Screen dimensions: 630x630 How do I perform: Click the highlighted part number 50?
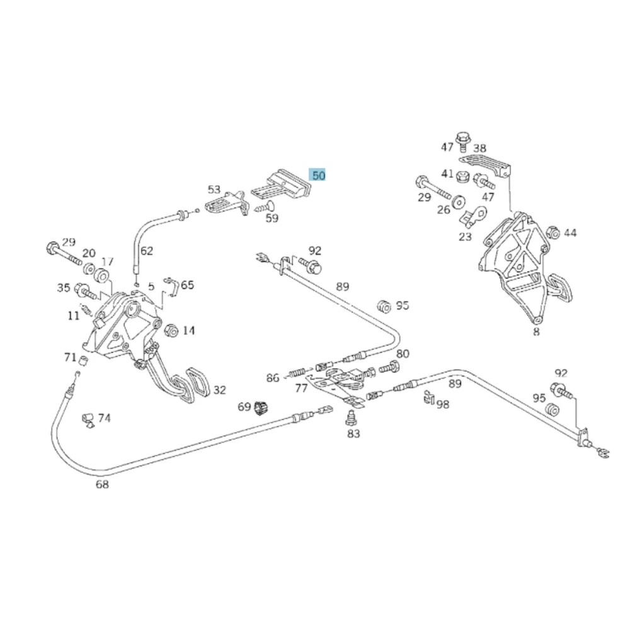pyautogui.click(x=317, y=175)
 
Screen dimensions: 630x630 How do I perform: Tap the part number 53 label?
pyautogui.click(x=214, y=189)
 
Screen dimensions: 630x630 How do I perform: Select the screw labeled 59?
pyautogui.click(x=265, y=207)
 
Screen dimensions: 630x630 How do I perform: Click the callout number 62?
pyautogui.click(x=147, y=251)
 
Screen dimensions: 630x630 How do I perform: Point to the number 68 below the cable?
pyautogui.click(x=102, y=484)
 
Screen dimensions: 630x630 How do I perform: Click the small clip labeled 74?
pyautogui.click(x=88, y=420)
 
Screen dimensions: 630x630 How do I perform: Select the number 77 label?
pyautogui.click(x=301, y=387)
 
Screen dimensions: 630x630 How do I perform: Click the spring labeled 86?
pyautogui.click(x=298, y=372)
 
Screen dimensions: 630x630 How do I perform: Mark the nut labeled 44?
pyautogui.click(x=553, y=232)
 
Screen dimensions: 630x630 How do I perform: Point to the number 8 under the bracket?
pyautogui.click(x=536, y=331)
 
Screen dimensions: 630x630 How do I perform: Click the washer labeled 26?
pyautogui.click(x=457, y=202)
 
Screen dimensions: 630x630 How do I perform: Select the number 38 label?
pyautogui.click(x=479, y=149)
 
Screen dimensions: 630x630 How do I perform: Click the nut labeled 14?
pyautogui.click(x=171, y=330)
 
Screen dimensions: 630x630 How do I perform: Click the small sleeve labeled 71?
pyautogui.click(x=84, y=360)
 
